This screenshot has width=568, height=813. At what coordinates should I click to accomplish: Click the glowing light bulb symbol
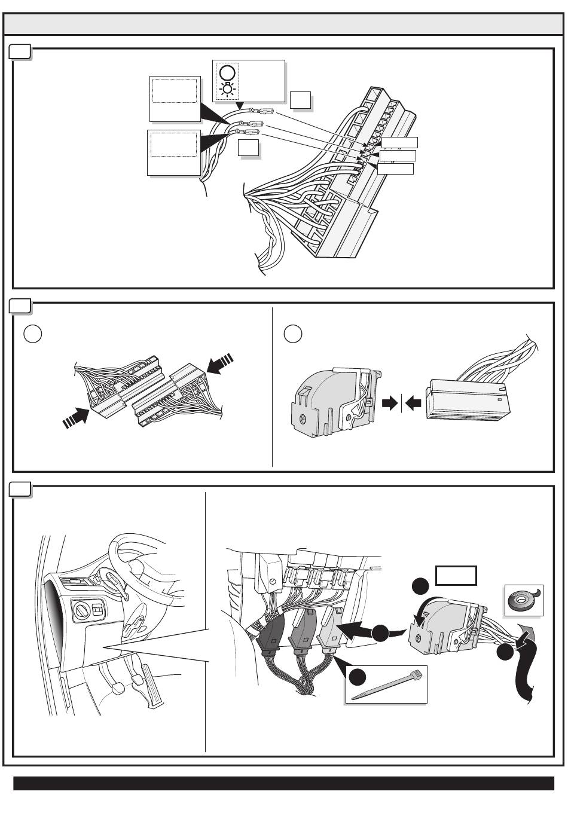[227, 90]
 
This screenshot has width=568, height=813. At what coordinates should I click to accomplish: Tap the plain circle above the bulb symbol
[227, 73]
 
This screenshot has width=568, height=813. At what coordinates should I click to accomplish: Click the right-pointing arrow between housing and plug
[390, 404]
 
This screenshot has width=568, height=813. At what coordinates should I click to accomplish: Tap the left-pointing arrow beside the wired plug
[413, 404]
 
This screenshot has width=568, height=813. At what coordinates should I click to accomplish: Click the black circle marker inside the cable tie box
[357, 677]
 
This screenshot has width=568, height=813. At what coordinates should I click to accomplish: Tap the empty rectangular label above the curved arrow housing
[456, 575]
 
